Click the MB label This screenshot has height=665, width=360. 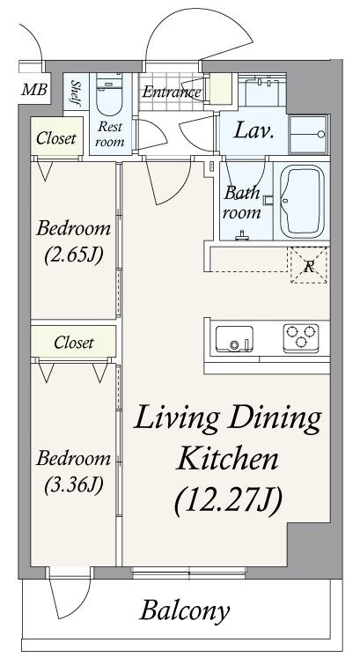(x=34, y=89)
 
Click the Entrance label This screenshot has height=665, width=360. (x=173, y=91)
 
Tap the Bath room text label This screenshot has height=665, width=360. (x=241, y=202)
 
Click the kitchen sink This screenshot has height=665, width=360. (x=235, y=338)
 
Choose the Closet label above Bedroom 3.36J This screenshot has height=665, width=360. (x=74, y=342)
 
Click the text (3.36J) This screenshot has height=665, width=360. (x=73, y=484)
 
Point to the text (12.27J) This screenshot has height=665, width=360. (x=228, y=499)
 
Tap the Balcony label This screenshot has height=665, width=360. (x=186, y=610)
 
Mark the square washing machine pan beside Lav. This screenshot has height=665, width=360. (x=307, y=135)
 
